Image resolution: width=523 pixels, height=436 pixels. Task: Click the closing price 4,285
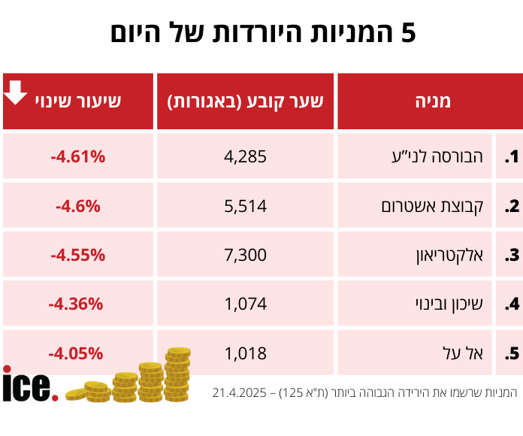[x=245, y=157]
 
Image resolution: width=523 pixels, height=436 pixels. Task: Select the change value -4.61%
[x=77, y=157]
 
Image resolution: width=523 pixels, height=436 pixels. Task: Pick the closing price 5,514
[x=245, y=205]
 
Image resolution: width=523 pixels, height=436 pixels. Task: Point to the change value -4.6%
[x=77, y=205]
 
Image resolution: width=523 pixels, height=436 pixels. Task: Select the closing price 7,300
[x=245, y=255]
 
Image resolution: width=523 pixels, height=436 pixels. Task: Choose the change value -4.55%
[x=77, y=255]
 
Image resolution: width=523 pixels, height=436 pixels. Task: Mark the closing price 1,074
[x=245, y=304]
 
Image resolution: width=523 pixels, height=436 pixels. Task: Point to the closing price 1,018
[x=245, y=353]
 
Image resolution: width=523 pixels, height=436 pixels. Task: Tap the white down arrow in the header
[x=16, y=93]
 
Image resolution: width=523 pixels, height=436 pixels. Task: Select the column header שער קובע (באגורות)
[x=245, y=101]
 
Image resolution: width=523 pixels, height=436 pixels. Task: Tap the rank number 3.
[x=511, y=255]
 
